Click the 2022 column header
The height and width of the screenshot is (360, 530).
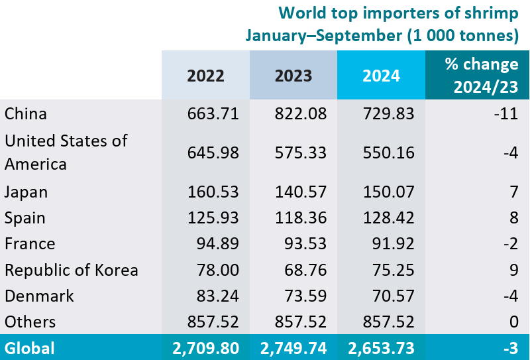[205, 76]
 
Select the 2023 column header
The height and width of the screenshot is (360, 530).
[293, 76]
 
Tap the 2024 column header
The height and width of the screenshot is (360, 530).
[381, 76]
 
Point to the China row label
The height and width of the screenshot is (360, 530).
[26, 114]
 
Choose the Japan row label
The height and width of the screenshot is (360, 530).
[26, 192]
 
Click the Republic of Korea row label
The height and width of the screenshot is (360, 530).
[72, 270]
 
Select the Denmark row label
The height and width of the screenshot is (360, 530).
[39, 296]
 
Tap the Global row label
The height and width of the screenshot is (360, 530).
[30, 348]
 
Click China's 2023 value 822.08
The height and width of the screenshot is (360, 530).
[301, 114]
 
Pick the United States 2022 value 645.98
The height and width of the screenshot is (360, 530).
[213, 152]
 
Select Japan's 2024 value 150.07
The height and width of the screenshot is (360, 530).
[389, 192]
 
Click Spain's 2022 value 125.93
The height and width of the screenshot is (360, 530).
[213, 218]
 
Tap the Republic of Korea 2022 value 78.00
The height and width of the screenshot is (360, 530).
[217, 270]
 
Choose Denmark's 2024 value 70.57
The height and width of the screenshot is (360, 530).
[393, 296]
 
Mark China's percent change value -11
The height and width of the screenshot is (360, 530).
[509, 114]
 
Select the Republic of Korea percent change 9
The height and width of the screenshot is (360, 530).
[514, 270]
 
